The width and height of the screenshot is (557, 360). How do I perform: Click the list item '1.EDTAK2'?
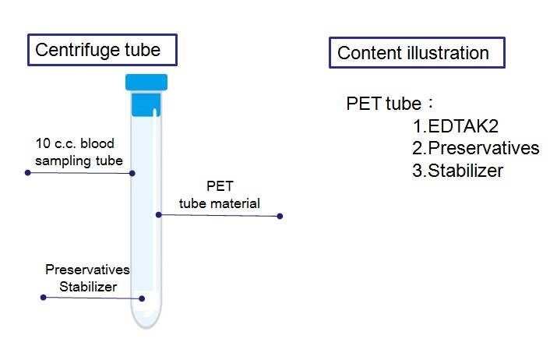[456, 126]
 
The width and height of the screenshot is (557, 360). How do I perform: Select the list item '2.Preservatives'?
[476, 148]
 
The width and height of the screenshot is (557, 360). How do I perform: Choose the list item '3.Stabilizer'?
[458, 171]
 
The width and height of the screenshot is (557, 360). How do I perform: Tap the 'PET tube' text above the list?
[383, 104]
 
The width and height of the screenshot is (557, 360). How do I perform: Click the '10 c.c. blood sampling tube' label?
[79, 152]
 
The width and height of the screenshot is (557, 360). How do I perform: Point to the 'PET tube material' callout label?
[220, 195]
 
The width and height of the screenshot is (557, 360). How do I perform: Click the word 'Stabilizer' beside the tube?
[88, 287]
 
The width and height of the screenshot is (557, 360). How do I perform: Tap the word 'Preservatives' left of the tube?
[87, 270]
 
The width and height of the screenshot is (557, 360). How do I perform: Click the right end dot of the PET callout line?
[280, 216]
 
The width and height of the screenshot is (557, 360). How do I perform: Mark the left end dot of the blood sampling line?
[28, 173]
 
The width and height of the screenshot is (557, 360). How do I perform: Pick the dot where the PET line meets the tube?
[159, 214]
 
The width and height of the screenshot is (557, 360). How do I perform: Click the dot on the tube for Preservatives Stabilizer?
[142, 298]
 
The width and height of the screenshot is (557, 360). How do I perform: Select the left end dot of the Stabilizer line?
[44, 297]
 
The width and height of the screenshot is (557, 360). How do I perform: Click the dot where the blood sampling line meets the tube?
[132, 173]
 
